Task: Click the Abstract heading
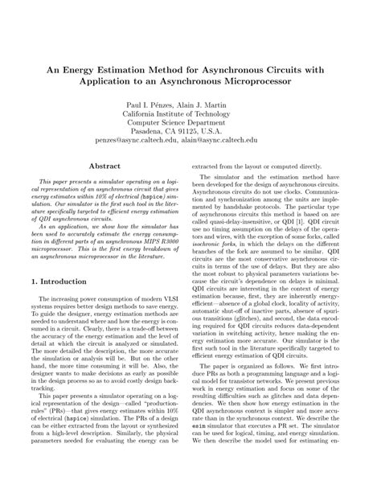pos(104,166)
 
